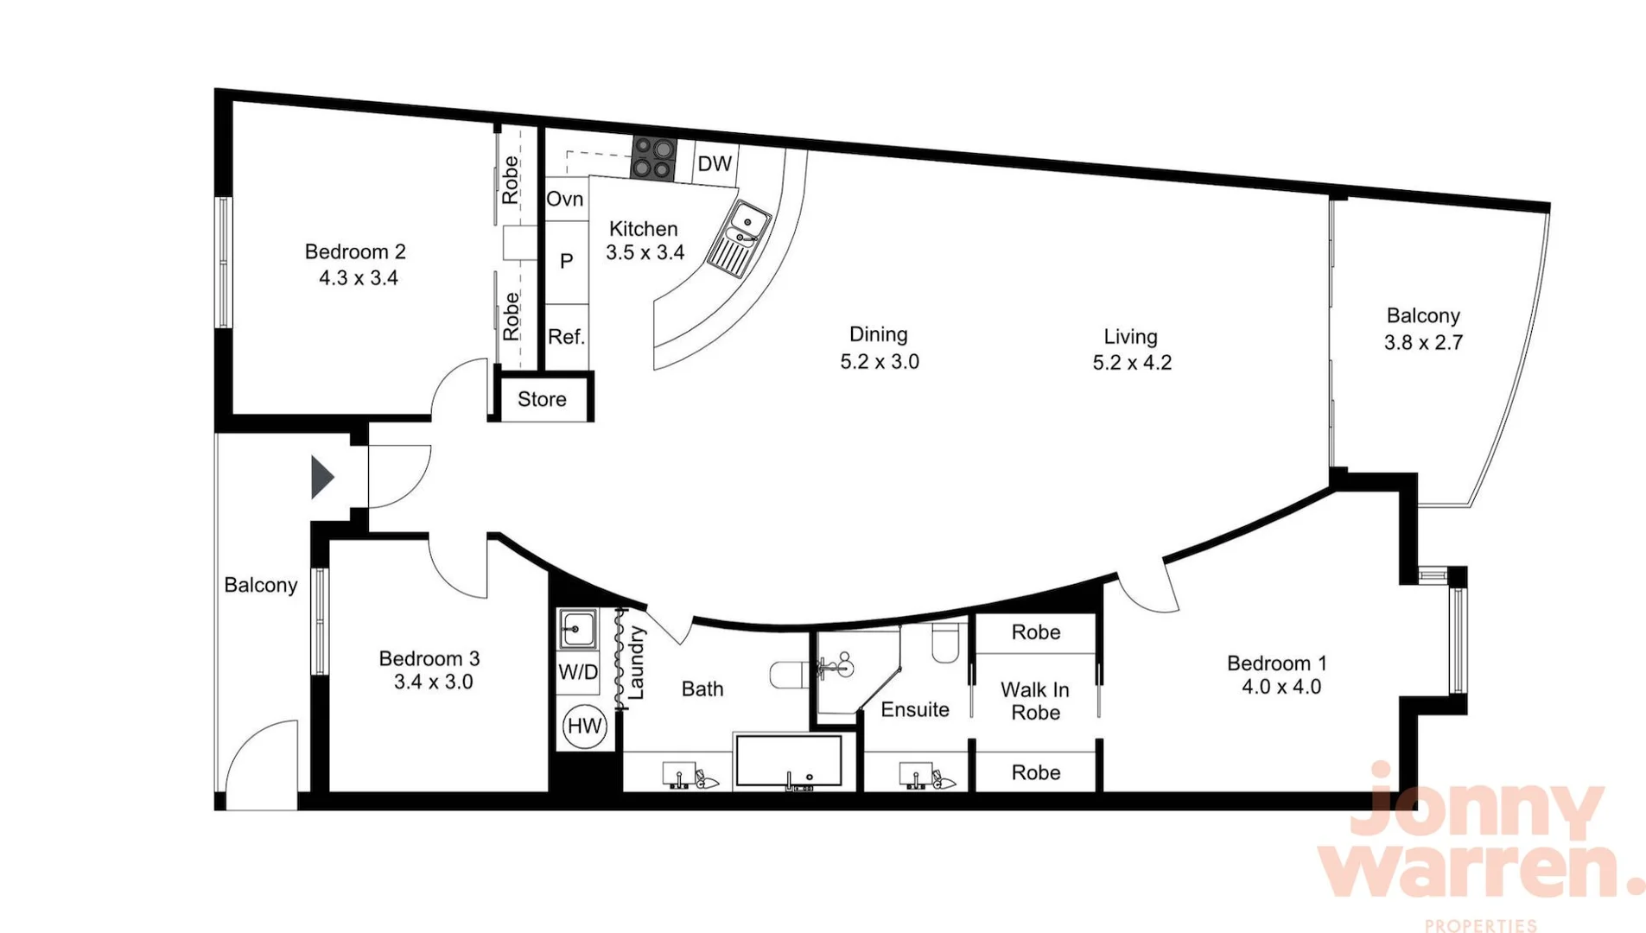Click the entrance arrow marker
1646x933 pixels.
tap(321, 477)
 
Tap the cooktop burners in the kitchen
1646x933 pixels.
tap(653, 158)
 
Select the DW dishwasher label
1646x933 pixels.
tap(715, 163)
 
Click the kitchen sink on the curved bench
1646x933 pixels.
tap(740, 238)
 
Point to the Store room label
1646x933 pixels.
tap(542, 399)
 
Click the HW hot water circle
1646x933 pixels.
tap(584, 726)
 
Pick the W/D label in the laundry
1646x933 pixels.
tap(578, 671)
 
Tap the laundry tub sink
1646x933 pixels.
tap(576, 629)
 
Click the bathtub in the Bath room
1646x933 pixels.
tap(787, 761)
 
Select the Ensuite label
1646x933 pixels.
tap(914, 709)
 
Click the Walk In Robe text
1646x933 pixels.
tap(1035, 701)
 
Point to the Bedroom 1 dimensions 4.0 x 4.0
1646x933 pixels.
tap(1281, 687)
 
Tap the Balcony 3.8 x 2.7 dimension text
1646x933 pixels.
tap(1422, 343)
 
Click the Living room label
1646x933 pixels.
tap(1129, 336)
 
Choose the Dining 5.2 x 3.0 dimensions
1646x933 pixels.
tap(879, 362)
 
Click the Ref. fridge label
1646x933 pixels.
tap(566, 337)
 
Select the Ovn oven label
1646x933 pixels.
tap(565, 199)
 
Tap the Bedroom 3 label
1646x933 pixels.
tap(429, 658)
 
